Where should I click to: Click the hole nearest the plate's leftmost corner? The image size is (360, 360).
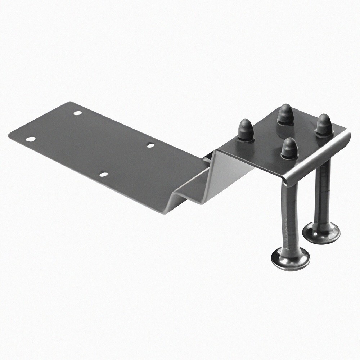31,139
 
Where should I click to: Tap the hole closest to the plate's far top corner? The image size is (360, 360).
77,113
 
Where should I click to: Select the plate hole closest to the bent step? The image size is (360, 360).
150,145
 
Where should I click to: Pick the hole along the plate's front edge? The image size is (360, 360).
103,174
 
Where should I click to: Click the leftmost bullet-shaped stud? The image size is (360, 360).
246,130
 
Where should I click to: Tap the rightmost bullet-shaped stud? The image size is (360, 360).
324,125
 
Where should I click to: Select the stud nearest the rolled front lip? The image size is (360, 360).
289,149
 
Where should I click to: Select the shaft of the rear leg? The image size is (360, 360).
322,194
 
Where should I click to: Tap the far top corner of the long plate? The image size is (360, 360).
69,102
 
